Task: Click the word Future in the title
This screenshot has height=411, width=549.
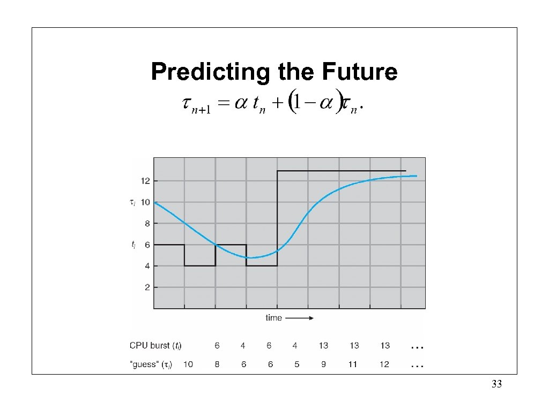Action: [x=362, y=72]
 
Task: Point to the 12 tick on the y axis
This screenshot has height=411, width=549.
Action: [x=145, y=181]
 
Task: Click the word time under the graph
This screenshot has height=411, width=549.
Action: [x=273, y=318]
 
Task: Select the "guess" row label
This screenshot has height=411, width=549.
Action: [x=151, y=364]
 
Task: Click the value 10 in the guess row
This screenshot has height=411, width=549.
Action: [x=188, y=364]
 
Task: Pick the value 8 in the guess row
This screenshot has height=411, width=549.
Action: [x=217, y=364]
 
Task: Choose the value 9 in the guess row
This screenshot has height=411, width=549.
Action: [x=324, y=364]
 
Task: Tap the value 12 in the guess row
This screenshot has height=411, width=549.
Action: [x=384, y=364]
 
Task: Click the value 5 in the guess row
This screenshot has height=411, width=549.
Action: [x=296, y=364]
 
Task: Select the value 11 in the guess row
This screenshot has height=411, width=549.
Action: [x=354, y=364]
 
